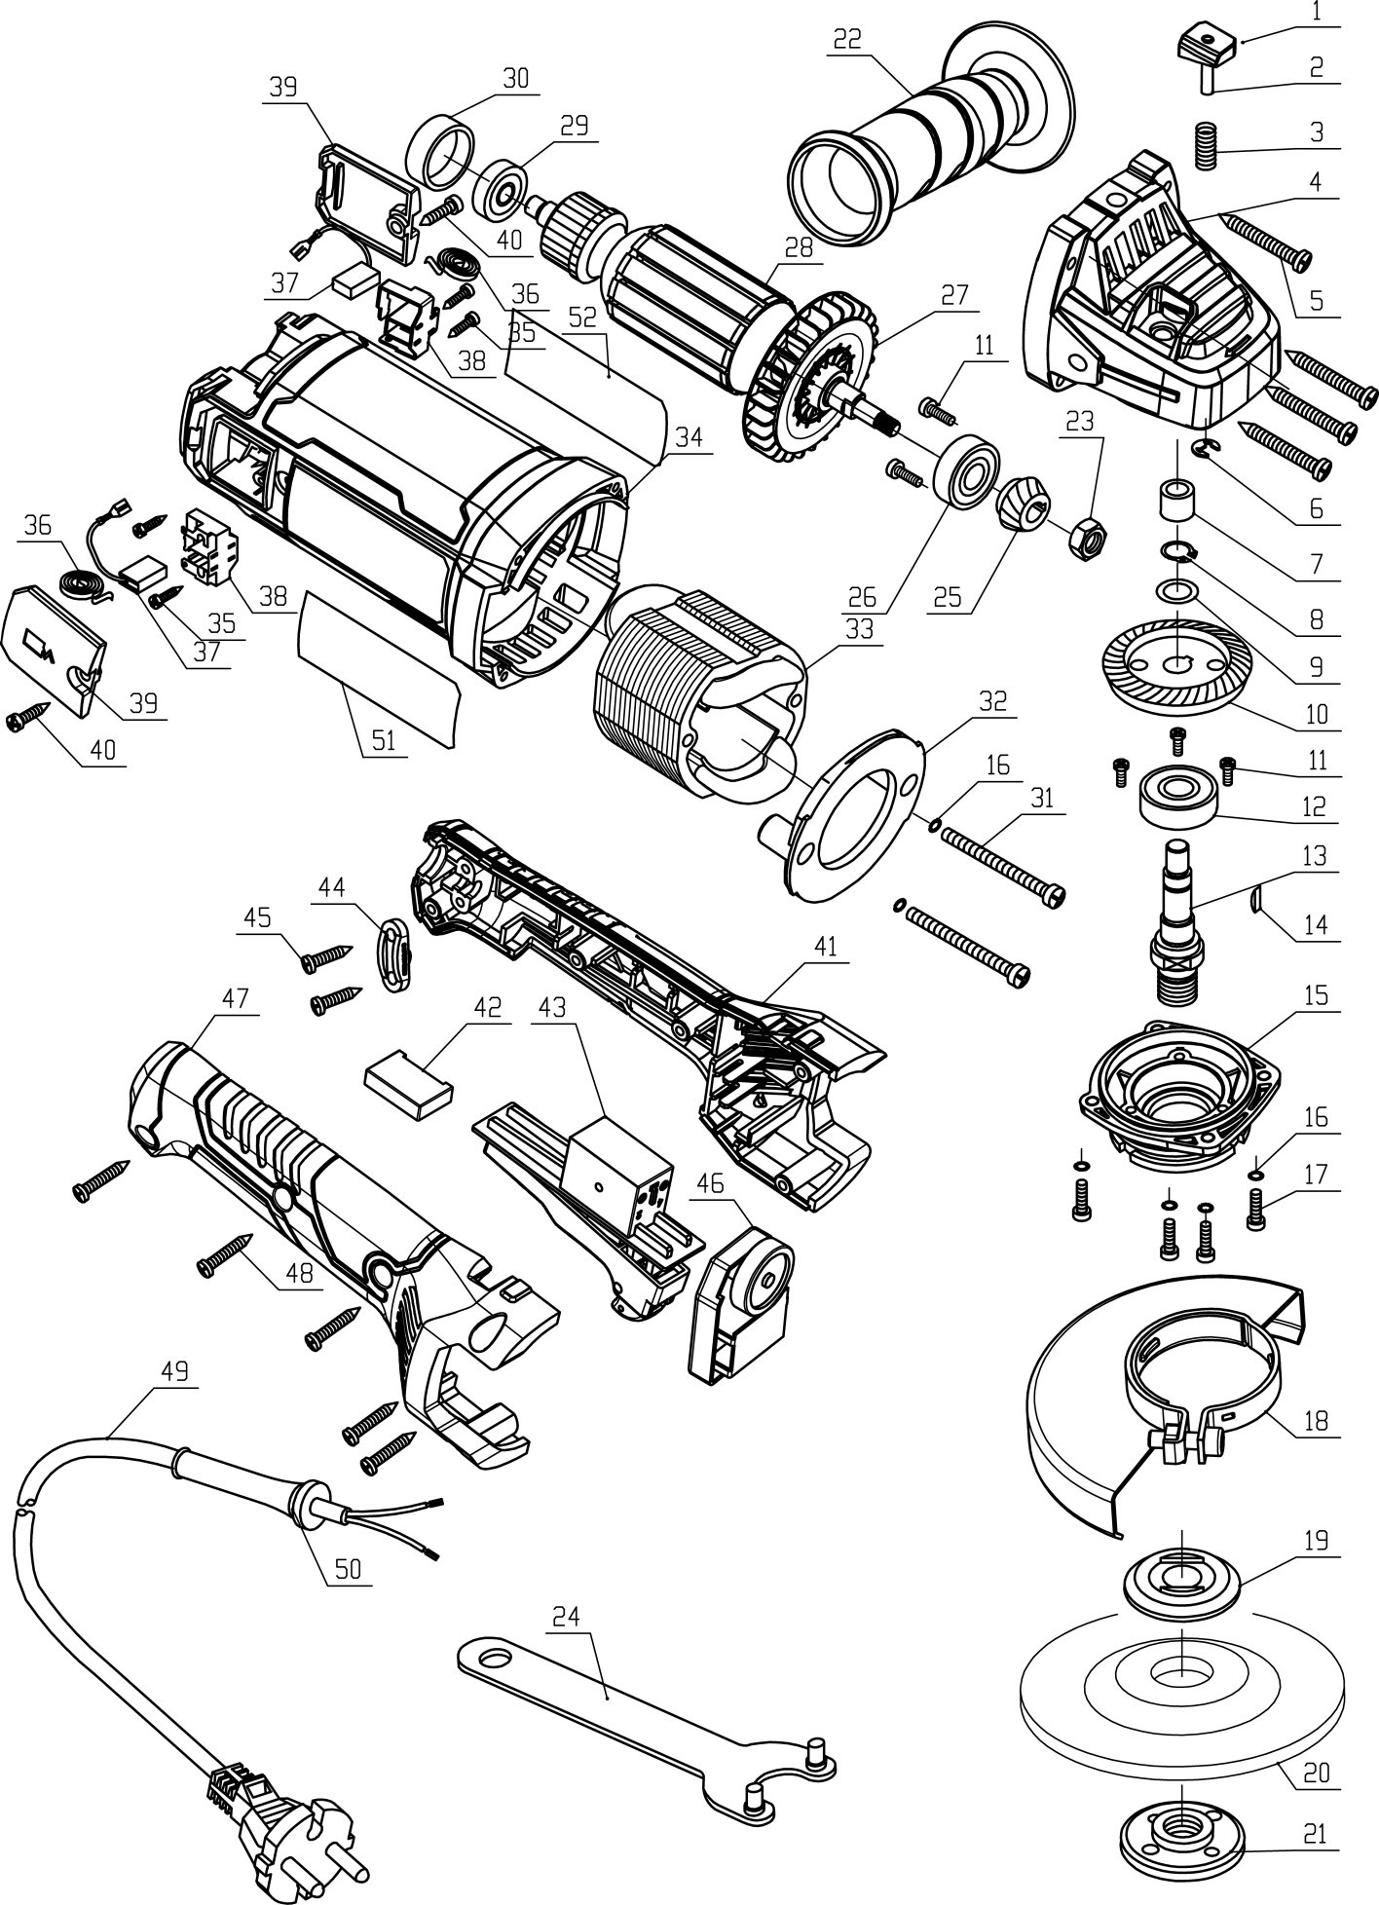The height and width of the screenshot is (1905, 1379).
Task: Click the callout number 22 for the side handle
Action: [848, 40]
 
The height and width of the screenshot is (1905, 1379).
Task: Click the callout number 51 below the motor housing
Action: [385, 741]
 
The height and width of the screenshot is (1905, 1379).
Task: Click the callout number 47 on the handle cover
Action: [237, 998]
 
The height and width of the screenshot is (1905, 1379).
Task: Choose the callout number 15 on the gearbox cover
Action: [1316, 996]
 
